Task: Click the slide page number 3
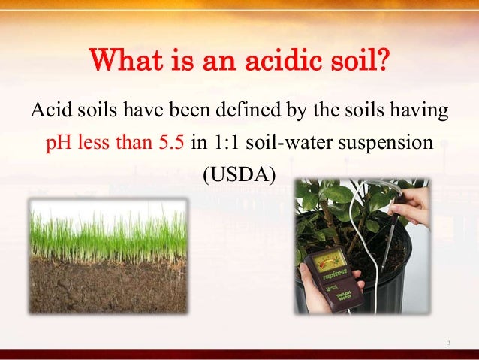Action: (x=448, y=343)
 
